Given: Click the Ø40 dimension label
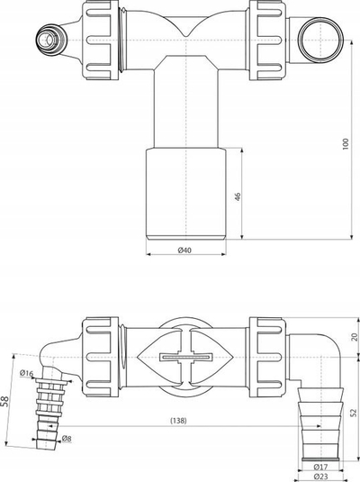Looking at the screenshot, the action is [x=184, y=250].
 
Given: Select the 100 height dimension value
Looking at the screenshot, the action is [x=346, y=144].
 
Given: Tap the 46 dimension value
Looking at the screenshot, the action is [x=238, y=196].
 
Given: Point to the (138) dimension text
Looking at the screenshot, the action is [x=178, y=421].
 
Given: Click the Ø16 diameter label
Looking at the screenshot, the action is [x=26, y=373].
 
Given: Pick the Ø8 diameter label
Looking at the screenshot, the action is [x=67, y=439].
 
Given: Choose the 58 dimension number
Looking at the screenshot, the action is [x=5, y=402].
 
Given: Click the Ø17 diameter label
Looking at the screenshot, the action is [x=320, y=467].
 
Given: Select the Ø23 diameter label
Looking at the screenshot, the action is [x=320, y=477].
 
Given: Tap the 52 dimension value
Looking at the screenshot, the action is [x=354, y=413].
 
